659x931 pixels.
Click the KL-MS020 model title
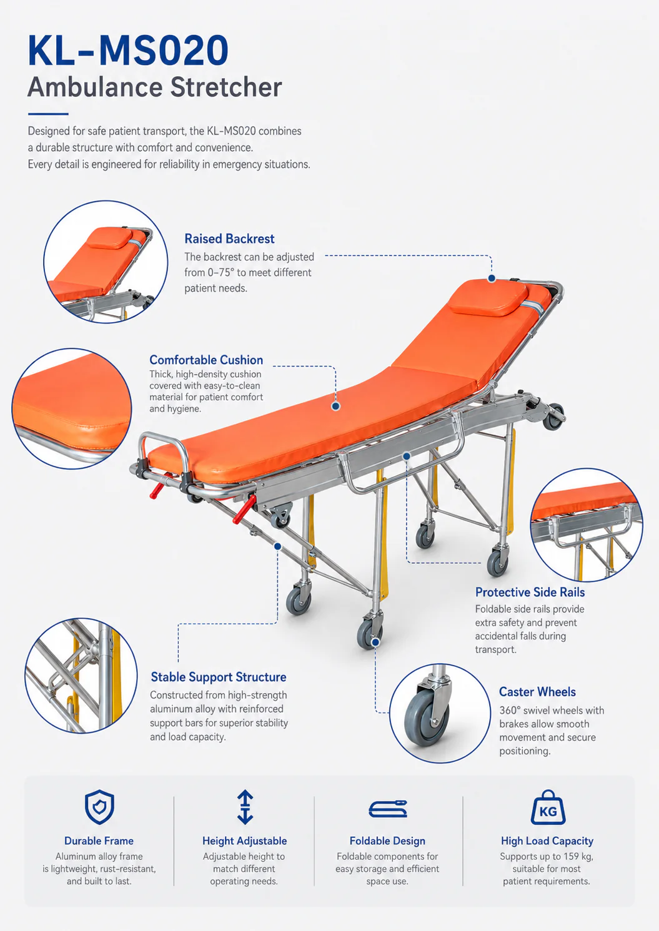click(128, 51)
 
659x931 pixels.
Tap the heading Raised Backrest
click(229, 239)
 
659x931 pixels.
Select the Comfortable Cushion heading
click(206, 360)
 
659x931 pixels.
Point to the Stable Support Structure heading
click(218, 677)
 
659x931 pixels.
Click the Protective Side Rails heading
click(530, 592)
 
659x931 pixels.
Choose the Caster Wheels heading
click(537, 692)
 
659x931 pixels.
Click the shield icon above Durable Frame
click(99, 807)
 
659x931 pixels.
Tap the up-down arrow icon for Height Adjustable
click(245, 807)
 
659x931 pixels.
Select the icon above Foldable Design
click(387, 809)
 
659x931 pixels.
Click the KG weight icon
click(548, 807)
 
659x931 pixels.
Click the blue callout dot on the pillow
click(492, 278)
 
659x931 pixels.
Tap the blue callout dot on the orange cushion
click(335, 406)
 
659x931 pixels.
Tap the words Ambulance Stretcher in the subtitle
click(155, 87)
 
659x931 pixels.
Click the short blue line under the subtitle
click(48, 114)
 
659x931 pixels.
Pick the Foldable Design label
click(387, 840)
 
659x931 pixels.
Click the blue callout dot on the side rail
click(407, 456)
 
